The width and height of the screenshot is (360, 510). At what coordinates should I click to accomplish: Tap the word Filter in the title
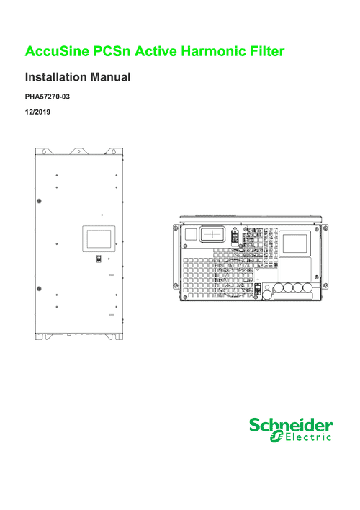(267, 51)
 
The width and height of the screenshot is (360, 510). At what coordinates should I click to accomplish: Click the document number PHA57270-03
(48, 97)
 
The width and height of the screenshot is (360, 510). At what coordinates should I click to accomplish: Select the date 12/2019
(37, 112)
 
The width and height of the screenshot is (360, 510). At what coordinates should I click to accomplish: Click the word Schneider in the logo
(291, 426)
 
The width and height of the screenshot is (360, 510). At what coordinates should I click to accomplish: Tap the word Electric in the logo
(308, 437)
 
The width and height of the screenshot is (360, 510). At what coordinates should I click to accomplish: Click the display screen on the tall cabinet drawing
(99, 238)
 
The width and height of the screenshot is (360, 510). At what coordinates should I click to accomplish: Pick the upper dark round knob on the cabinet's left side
(39, 201)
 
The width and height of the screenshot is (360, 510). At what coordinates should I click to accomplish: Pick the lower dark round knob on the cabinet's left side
(39, 289)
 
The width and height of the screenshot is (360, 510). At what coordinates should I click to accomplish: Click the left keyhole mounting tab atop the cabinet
(45, 151)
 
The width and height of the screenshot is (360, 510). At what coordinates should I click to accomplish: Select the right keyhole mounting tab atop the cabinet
(114, 151)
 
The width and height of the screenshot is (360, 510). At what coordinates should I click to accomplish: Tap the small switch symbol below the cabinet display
(99, 259)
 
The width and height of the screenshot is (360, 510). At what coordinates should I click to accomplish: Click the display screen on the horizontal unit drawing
(295, 243)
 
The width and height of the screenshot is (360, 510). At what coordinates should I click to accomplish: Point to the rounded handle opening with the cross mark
(212, 234)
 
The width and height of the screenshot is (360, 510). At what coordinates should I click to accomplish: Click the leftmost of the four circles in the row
(279, 288)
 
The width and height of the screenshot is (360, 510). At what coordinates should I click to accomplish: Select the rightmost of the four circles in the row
(307, 288)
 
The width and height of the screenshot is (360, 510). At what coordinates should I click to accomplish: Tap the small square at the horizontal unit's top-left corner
(191, 235)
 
